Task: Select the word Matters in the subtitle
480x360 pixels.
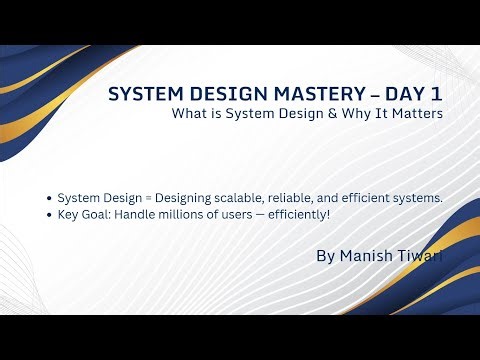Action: pyautogui.click(x=416, y=115)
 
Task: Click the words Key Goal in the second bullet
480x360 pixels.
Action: pyautogui.click(x=82, y=215)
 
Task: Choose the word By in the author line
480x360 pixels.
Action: pyautogui.click(x=325, y=256)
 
